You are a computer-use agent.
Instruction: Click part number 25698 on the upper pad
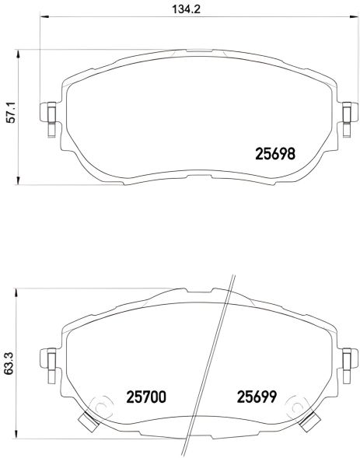click(x=275, y=153)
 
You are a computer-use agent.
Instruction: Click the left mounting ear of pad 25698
click(x=51, y=115)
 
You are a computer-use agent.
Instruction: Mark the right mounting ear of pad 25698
click(x=348, y=115)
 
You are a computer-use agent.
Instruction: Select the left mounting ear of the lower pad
click(x=51, y=358)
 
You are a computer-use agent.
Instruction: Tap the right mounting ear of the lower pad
click(x=348, y=358)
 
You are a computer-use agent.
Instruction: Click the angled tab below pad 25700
click(x=86, y=422)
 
